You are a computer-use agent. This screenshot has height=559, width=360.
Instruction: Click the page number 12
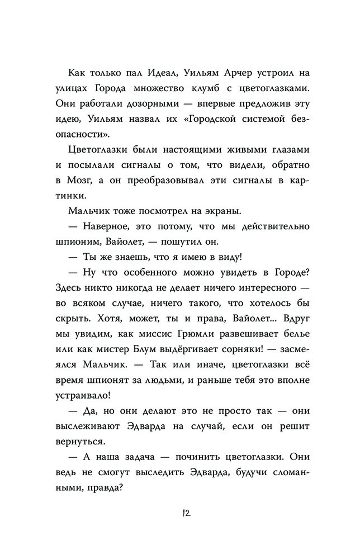click(179, 514)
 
